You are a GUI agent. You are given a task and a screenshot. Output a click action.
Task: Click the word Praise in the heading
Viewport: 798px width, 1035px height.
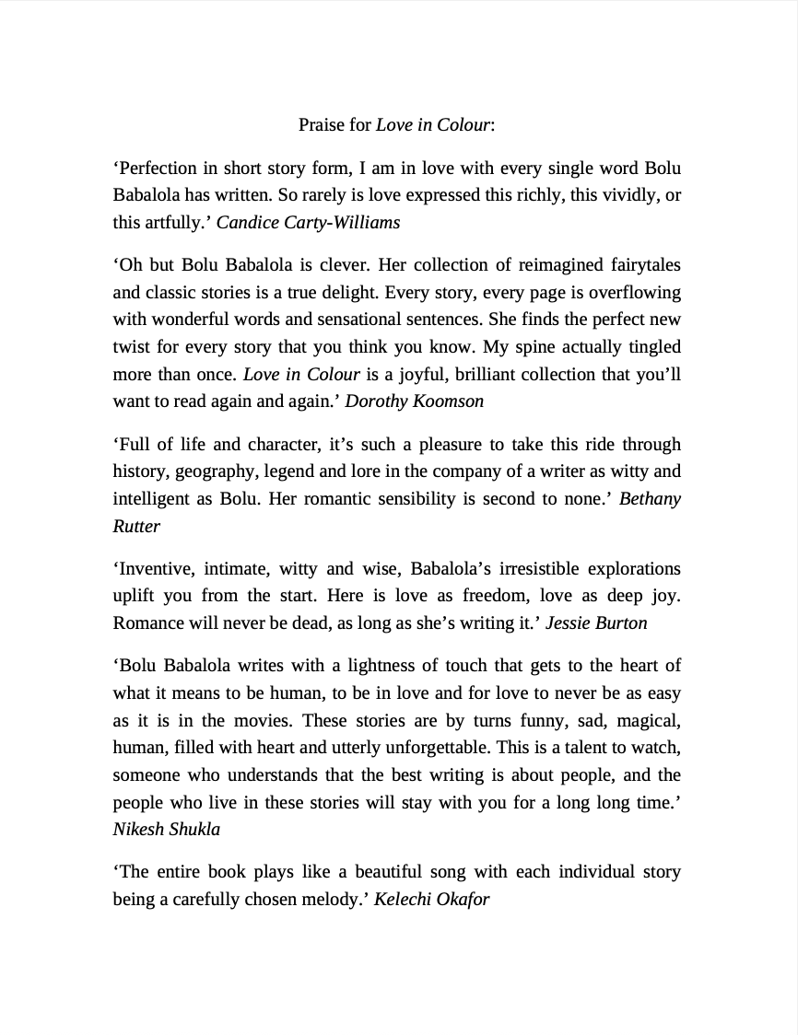pyautogui.click(x=321, y=124)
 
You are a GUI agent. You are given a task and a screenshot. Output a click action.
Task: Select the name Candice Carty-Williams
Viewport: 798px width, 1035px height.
pyautogui.click(x=308, y=223)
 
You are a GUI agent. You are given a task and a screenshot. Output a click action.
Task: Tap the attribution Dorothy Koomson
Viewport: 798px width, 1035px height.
pyautogui.click(x=414, y=401)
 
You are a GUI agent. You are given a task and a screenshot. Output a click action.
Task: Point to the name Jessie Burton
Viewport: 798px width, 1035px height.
pyautogui.click(x=596, y=623)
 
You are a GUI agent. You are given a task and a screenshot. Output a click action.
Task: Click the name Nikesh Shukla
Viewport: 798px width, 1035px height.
pyautogui.click(x=166, y=830)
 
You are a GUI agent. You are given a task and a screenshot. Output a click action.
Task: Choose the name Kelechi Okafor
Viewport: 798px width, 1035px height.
pyautogui.click(x=431, y=900)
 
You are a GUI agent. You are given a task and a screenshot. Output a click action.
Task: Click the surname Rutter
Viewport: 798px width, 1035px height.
pyautogui.click(x=136, y=527)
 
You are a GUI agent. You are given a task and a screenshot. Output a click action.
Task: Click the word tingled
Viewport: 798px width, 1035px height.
pyautogui.click(x=651, y=347)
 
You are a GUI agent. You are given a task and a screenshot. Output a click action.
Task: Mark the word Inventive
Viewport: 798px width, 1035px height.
pyautogui.click(x=152, y=568)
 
